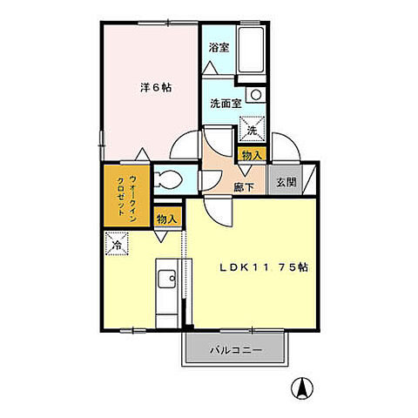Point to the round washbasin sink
(255, 96)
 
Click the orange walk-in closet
(119, 199)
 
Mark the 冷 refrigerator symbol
(117, 246)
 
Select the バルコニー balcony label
(235, 350)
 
